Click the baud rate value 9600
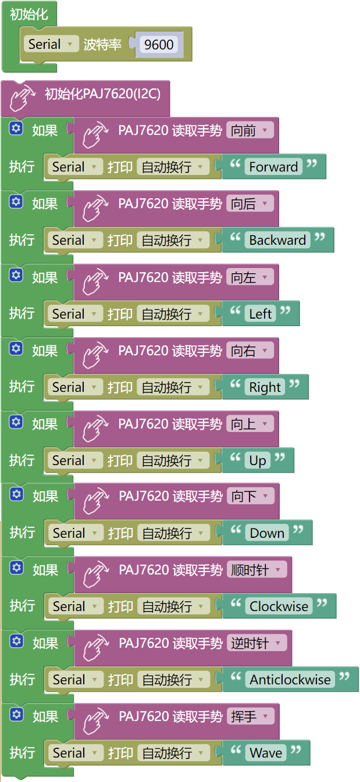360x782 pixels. coord(159,45)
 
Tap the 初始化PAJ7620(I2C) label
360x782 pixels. coord(103,94)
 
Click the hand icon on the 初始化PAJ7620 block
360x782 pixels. coord(23,98)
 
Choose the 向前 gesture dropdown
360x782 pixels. coord(250,131)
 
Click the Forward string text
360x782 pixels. coord(273,167)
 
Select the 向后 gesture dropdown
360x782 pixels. coord(250,204)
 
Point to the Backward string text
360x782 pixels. coord(277,240)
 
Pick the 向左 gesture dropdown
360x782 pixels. coord(250,277)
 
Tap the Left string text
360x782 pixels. coord(261,314)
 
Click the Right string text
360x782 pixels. coord(265,387)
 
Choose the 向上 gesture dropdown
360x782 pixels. coord(250,424)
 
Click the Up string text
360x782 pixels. coord(258,460)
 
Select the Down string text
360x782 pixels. coord(267,533)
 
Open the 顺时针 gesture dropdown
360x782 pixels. coord(257,570)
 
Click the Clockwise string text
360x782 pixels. coord(279,606)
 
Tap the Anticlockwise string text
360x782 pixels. coord(290,680)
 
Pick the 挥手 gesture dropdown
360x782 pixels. coord(251,717)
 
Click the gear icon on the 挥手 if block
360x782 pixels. coord(16,714)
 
